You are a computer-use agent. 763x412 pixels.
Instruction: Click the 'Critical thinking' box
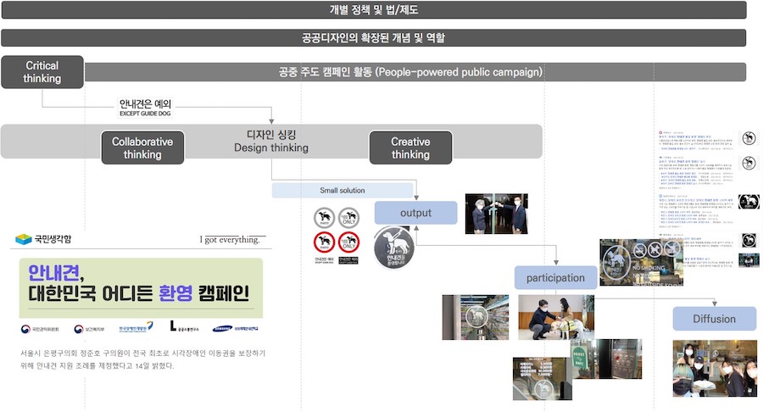tap(42, 72)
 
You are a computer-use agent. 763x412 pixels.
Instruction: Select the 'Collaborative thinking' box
tap(142, 148)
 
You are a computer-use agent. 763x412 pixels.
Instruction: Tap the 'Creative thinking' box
tap(410, 148)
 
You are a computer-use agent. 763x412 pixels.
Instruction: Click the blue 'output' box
tap(415, 213)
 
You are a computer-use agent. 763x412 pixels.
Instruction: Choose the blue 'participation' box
tap(555, 277)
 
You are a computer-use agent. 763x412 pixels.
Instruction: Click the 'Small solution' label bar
tap(343, 191)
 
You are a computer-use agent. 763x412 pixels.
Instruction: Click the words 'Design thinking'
tap(271, 148)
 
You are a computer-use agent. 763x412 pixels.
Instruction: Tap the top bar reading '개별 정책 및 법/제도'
tap(373, 10)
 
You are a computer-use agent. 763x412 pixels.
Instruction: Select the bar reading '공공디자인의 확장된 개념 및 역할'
tap(373, 38)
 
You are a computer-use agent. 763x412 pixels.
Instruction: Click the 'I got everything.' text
tap(230, 240)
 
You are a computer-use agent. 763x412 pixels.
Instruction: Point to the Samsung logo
tap(223, 328)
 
